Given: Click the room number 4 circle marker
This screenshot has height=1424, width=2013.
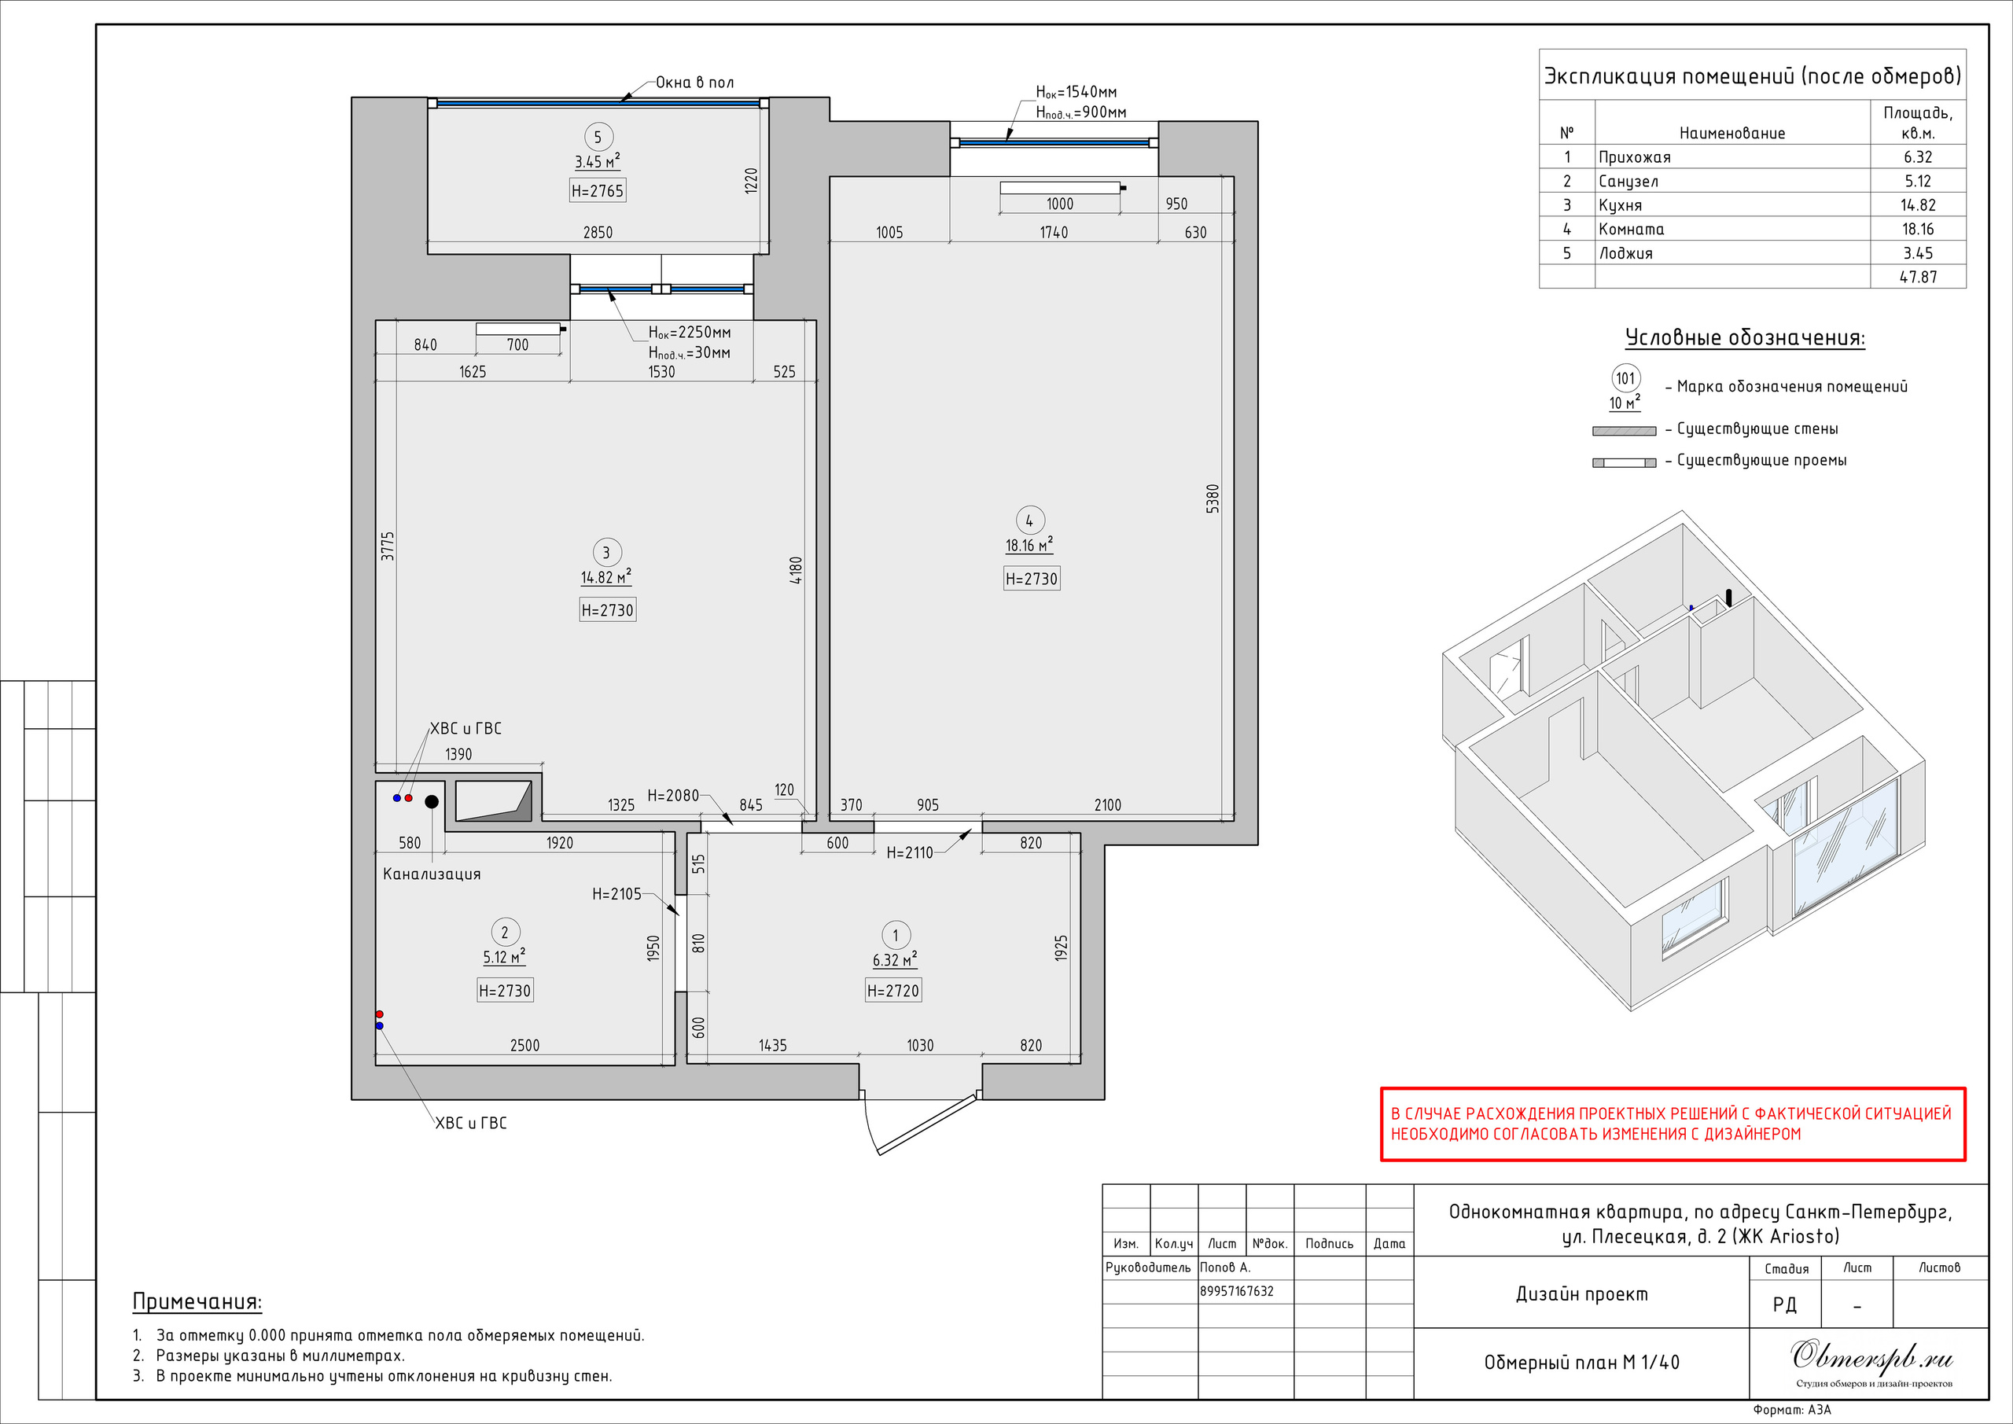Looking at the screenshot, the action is (x=1029, y=520).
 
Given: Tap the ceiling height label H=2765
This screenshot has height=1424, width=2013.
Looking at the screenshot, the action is (x=598, y=190).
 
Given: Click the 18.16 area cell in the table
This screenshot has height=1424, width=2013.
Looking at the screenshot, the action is (x=1917, y=229).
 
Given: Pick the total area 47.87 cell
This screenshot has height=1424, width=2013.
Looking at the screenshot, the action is (x=1917, y=277).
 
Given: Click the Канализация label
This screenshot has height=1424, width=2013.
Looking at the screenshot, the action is (x=432, y=874).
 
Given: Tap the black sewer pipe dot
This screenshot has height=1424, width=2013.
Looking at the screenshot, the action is (x=432, y=801).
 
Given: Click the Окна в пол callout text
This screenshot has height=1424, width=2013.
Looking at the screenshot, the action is (x=694, y=83).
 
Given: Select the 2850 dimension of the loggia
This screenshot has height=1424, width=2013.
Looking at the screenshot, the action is (x=598, y=233).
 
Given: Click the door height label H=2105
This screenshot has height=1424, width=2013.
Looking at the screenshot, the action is (x=616, y=894).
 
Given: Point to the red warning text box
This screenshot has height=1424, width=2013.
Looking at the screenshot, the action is (x=1673, y=1124).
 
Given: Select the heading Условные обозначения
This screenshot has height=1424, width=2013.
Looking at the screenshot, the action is (x=1745, y=337).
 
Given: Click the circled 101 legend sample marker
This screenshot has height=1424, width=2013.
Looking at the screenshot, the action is (x=1625, y=379).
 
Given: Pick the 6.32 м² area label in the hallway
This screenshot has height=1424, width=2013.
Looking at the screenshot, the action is (x=894, y=959).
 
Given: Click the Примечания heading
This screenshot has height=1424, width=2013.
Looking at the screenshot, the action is (x=197, y=1302).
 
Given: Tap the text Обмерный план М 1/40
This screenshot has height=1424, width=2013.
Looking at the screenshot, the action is (x=1581, y=1363).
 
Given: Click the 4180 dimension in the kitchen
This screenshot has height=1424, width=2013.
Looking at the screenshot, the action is (x=795, y=570).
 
